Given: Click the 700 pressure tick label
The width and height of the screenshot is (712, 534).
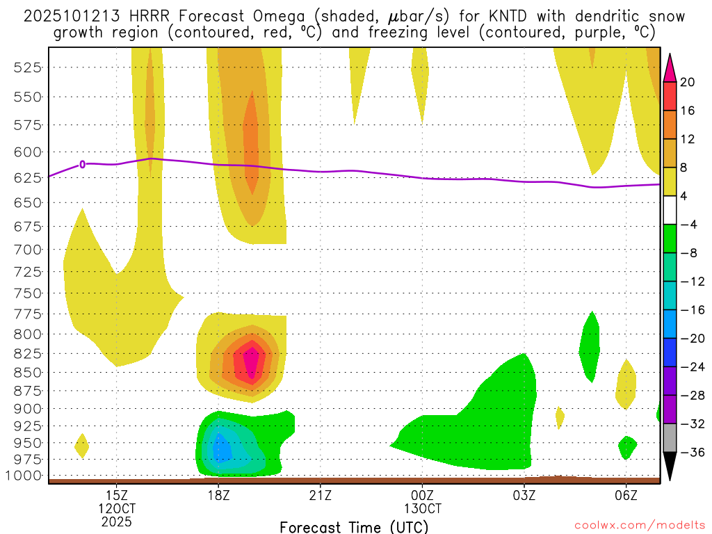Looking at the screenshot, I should tap(28, 249).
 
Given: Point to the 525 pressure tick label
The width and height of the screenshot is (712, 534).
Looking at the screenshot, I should tap(28, 67).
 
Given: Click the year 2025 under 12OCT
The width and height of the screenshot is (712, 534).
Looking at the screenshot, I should tap(116, 521).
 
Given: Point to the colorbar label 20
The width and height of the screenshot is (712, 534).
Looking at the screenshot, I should tap(688, 82).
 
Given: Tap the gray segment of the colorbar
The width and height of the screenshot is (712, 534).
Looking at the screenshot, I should tap(670, 438).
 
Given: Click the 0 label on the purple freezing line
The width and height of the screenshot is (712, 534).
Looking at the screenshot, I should tap(83, 164).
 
